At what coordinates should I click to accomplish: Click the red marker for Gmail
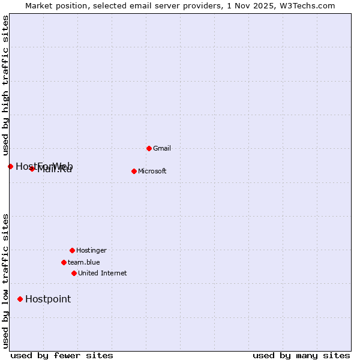tap(149, 148)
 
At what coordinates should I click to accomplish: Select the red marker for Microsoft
tap(134, 171)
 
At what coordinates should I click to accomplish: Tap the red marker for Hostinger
tap(72, 250)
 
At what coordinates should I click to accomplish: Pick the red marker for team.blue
tap(64, 262)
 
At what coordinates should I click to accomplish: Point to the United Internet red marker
tap(74, 273)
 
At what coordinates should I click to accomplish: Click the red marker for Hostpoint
tap(20, 299)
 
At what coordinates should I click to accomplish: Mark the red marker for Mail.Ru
tap(32, 169)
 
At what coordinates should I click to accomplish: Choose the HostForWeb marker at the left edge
tap(10, 166)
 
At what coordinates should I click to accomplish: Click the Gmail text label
tap(162, 148)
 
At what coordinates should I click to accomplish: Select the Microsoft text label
tap(152, 171)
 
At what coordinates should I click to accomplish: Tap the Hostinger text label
tap(91, 250)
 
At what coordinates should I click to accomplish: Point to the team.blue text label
tap(84, 262)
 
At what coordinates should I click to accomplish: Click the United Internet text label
tap(103, 273)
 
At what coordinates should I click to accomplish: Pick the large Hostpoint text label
tap(48, 299)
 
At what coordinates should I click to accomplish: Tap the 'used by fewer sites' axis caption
tap(62, 355)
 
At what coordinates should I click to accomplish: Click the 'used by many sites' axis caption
tap(301, 355)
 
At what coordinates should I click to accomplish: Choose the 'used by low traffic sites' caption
tap(5, 281)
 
